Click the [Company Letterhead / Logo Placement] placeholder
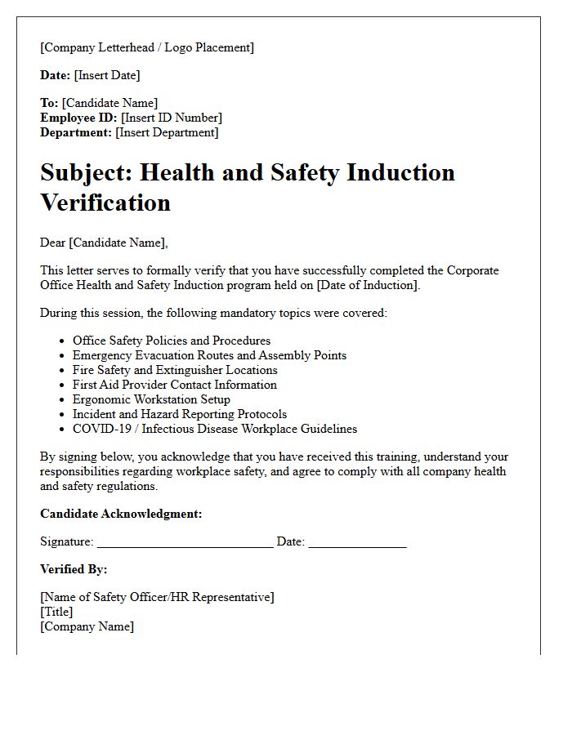(x=147, y=47)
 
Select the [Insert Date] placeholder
(x=107, y=75)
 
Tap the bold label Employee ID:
(x=78, y=118)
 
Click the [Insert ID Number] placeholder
(x=171, y=118)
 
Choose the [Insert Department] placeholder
(x=167, y=132)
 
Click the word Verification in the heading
(x=105, y=202)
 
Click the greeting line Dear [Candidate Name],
(x=103, y=243)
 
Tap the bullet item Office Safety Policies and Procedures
(x=172, y=341)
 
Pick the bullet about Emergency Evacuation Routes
(x=209, y=355)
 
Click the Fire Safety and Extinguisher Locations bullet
(x=175, y=370)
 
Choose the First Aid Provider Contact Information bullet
(x=175, y=385)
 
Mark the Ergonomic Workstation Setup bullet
(x=151, y=399)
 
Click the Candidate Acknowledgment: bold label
(x=121, y=514)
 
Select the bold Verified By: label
(x=74, y=569)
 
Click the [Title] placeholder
(x=56, y=612)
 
